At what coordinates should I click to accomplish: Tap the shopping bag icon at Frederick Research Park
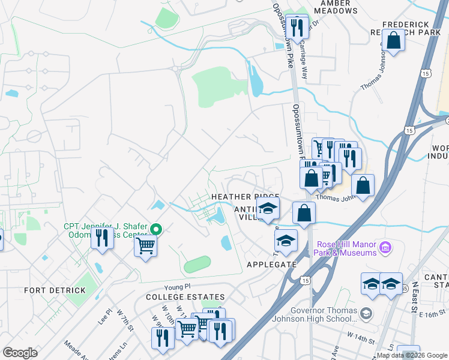pos(394,41)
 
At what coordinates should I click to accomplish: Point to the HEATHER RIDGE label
pos(245,197)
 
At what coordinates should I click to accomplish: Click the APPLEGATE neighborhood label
pos(272,264)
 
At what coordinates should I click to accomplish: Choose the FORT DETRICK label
pos(55,290)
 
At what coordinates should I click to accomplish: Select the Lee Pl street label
pos(106,316)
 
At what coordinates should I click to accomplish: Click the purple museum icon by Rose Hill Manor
pos(385,247)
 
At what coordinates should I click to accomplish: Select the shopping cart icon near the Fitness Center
pos(146,245)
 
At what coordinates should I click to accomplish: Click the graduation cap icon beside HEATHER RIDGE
pos(268,209)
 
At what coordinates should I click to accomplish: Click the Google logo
pos(20,353)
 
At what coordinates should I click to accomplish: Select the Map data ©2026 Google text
pos(412,355)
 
